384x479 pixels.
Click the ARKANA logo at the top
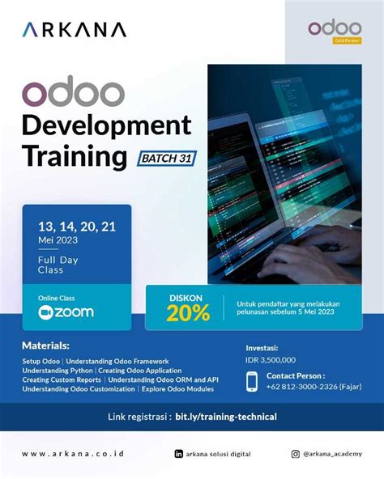tap(74, 30)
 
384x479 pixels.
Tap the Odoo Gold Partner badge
tap(328, 32)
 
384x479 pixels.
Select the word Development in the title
tap(106, 125)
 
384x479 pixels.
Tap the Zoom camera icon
tap(45, 312)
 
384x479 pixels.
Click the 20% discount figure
tap(188, 313)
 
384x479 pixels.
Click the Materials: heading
tap(45, 345)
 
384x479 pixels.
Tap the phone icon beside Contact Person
tap(252, 380)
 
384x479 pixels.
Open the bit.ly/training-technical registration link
tap(226, 417)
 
